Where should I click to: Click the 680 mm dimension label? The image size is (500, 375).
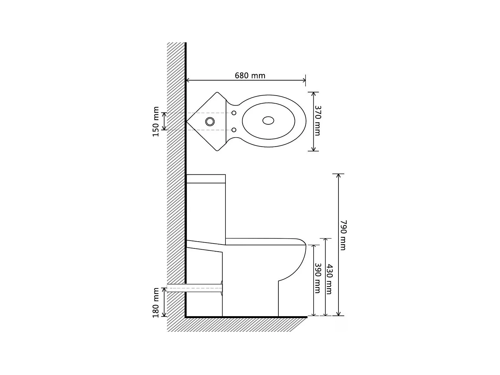(250, 76)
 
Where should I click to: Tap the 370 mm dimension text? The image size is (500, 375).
(317, 121)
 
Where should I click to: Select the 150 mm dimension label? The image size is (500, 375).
(156, 121)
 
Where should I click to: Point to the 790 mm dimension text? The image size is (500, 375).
(343, 235)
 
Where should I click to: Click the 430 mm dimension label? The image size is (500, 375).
(329, 279)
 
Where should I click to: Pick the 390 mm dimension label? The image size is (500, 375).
(317, 278)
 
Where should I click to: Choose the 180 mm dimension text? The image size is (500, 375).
(156, 303)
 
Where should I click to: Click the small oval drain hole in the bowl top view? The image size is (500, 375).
(268, 120)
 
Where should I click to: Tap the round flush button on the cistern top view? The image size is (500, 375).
(210, 121)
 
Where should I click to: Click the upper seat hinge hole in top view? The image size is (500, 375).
(234, 113)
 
